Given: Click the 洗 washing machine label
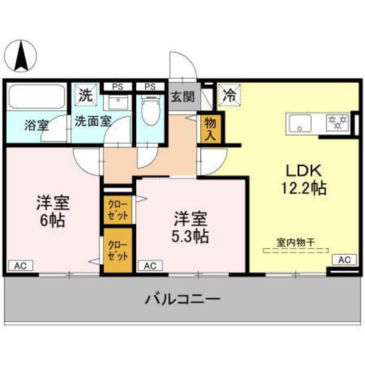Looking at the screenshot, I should tap(86, 95).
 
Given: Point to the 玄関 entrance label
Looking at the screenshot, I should tap(182, 97).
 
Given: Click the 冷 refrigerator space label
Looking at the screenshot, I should tap(229, 95).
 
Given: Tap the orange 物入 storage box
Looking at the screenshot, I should tap(211, 128).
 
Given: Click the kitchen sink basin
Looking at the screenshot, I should tap(302, 123).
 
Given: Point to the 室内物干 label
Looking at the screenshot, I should tap(295, 242).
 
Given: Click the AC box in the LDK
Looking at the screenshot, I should tap(344, 259).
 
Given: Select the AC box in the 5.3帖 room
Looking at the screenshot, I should tap(150, 265).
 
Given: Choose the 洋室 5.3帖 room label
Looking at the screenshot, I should tap(190, 224).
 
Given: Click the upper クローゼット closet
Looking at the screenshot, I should tap(119, 209).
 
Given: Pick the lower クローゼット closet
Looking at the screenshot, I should tap(119, 250).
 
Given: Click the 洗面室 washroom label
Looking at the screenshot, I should tap(93, 121).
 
